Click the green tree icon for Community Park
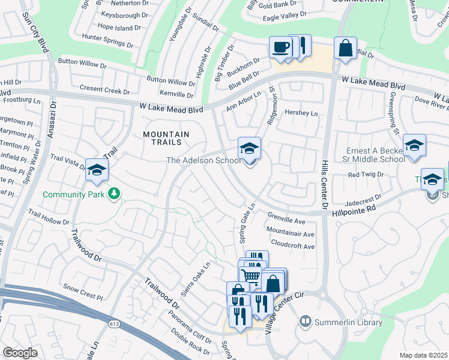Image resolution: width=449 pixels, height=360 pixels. [113, 194]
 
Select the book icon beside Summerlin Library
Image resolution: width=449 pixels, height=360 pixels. [306, 322]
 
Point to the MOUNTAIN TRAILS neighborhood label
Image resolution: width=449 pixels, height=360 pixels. [166, 140]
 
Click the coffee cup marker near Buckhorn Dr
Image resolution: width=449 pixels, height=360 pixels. [280, 47]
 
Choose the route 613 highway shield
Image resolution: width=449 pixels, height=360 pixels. [113, 324]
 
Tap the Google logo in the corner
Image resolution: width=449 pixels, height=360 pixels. [20, 353]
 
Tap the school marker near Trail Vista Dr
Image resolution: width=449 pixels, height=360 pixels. [97, 170]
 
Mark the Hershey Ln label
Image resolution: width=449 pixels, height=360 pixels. [300, 113]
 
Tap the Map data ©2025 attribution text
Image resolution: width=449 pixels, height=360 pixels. [423, 355]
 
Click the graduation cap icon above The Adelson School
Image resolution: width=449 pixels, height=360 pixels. [250, 147]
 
